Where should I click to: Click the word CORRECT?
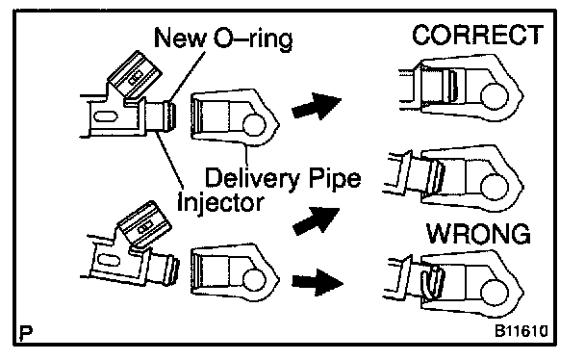(x=477, y=35)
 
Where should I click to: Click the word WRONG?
(x=478, y=234)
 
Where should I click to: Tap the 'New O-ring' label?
(x=223, y=39)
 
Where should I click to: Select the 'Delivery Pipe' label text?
(x=283, y=178)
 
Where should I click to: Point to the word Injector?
(x=220, y=202)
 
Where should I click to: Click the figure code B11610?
(x=521, y=331)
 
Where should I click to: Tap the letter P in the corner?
(x=26, y=332)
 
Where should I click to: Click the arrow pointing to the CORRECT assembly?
(x=317, y=106)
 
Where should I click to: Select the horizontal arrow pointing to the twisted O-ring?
(x=318, y=282)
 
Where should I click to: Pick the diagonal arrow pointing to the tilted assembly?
(x=317, y=221)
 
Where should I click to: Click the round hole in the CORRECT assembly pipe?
(x=495, y=96)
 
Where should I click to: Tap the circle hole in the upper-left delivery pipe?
(x=254, y=125)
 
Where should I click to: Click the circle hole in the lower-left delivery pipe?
(x=255, y=280)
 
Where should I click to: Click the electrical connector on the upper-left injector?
(x=135, y=77)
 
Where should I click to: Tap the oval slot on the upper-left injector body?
(x=105, y=116)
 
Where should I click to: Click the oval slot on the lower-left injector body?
(x=108, y=260)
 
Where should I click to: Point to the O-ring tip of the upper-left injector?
(x=171, y=116)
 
